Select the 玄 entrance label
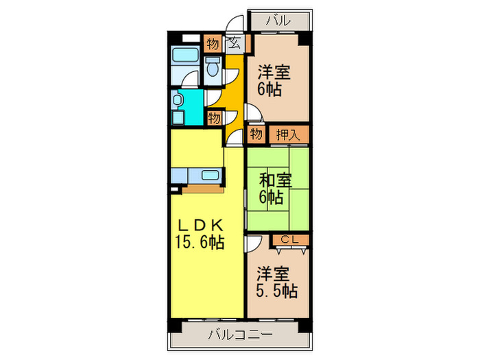click(233, 45)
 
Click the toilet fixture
click(213, 67)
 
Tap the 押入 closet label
click(288, 134)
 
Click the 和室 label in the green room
click(276, 181)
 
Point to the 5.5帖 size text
click(277, 290)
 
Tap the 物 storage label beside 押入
click(256, 134)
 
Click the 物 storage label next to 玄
click(212, 45)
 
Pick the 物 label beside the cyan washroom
click(213, 118)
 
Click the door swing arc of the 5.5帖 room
click(254, 243)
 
